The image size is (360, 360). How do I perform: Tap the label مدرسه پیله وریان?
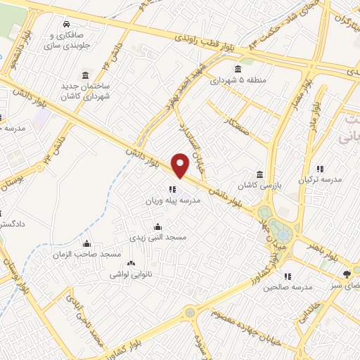click(173, 200)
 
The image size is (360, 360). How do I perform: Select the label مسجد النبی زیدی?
click(161, 238)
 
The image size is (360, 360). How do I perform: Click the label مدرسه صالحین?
click(287, 287)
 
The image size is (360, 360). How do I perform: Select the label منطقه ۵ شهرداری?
click(238, 79)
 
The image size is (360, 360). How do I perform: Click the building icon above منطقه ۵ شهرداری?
click(238, 69)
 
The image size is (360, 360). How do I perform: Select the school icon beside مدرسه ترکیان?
click(320, 169)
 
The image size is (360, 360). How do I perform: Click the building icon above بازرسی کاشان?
click(260, 174)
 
